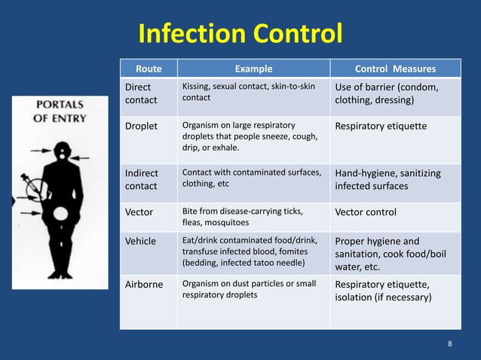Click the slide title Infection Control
click(240, 34)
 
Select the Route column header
click(148, 69)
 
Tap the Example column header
click(253, 69)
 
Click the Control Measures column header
click(395, 69)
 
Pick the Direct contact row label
click(142, 93)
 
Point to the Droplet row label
click(141, 126)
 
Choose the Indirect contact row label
click(142, 179)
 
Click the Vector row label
click(140, 212)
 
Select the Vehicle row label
click(141, 241)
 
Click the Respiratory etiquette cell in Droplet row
click(381, 126)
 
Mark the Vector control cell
click(370, 212)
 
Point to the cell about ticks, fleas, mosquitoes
click(240, 217)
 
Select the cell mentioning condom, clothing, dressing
click(387, 93)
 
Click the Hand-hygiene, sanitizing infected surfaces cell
click(388, 179)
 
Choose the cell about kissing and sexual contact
click(249, 92)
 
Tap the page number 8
click(450, 344)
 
